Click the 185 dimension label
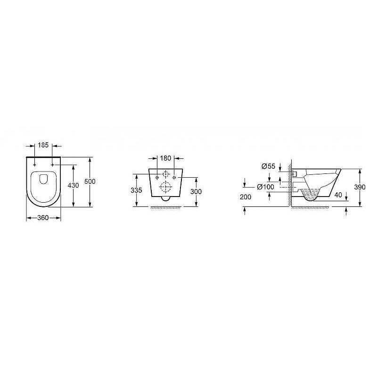point(43,145)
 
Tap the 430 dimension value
point(73,185)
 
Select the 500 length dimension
point(90,181)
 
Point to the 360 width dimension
point(43,218)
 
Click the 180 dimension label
point(165,158)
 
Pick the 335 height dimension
point(136,190)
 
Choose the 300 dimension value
point(196,192)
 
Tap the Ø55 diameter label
point(268,166)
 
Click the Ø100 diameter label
point(265,187)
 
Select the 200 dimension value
point(246,197)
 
